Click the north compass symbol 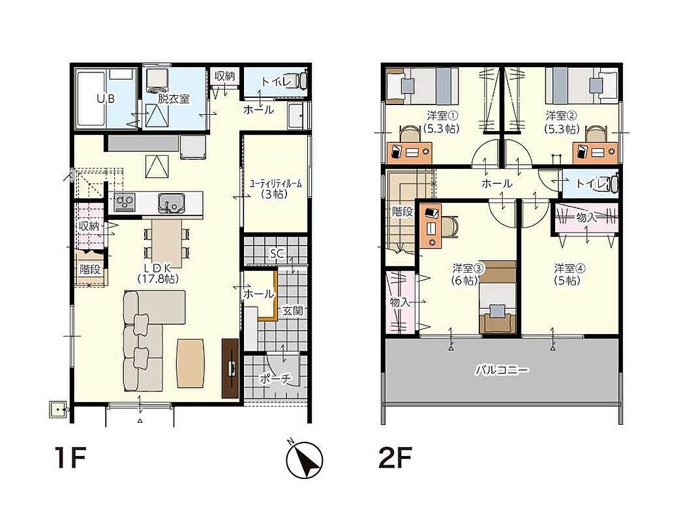[304, 460]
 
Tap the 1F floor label [70, 457]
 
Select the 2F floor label [395, 457]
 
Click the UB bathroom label [106, 99]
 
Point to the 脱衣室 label [174, 99]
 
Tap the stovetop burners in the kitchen [125, 203]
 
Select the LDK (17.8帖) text [158, 273]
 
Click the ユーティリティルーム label [275, 184]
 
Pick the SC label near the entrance [277, 254]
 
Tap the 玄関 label [292, 311]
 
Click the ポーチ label [275, 378]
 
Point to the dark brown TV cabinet [230, 368]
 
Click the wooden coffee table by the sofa [191, 363]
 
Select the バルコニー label [502, 369]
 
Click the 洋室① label [442, 115]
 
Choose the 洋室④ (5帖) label [567, 274]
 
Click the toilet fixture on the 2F [613, 183]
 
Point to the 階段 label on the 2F [402, 211]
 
